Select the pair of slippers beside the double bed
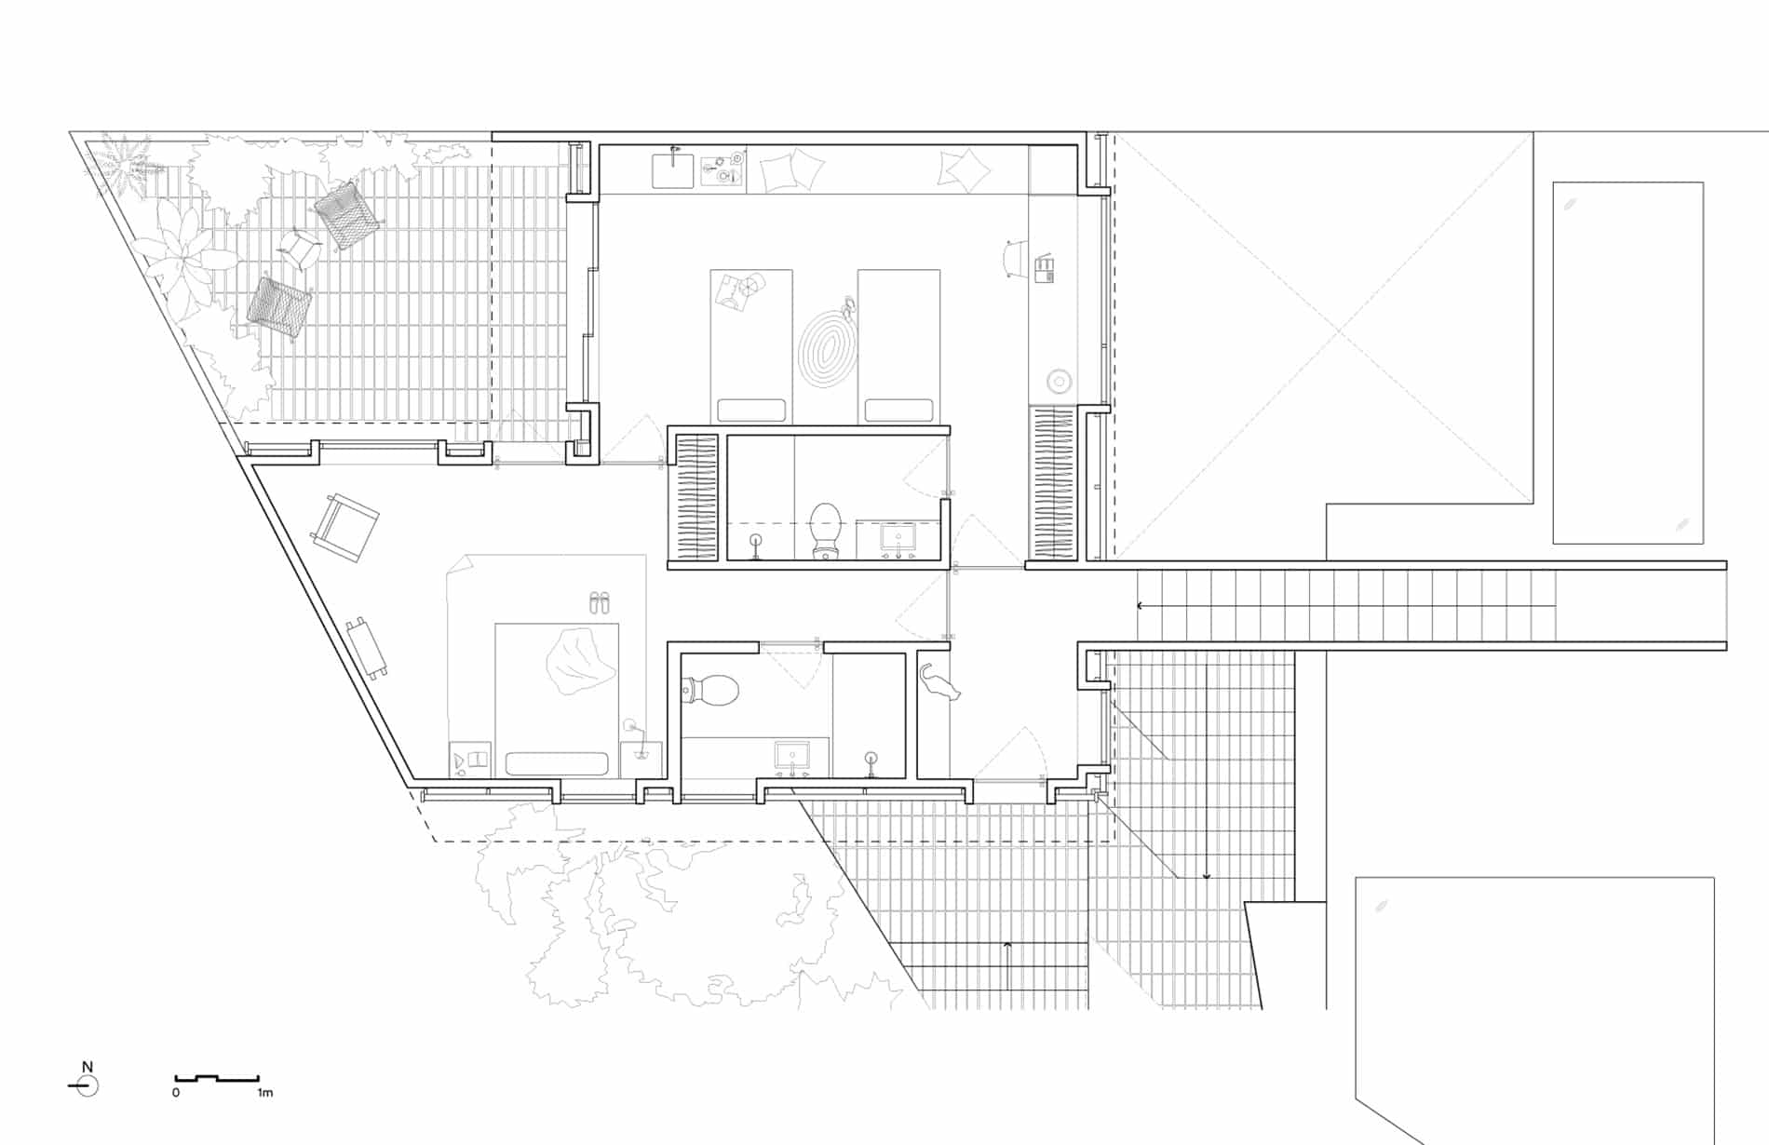[x=600, y=602]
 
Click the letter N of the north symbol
[x=88, y=1067]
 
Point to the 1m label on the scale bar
[x=265, y=1093]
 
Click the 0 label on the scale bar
[x=176, y=1093]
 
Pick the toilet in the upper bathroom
[x=826, y=531]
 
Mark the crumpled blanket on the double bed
[x=578, y=660]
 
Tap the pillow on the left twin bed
[x=750, y=410]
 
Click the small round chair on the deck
[x=300, y=248]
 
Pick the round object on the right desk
[x=1058, y=381]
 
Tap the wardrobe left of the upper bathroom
[x=695, y=498]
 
